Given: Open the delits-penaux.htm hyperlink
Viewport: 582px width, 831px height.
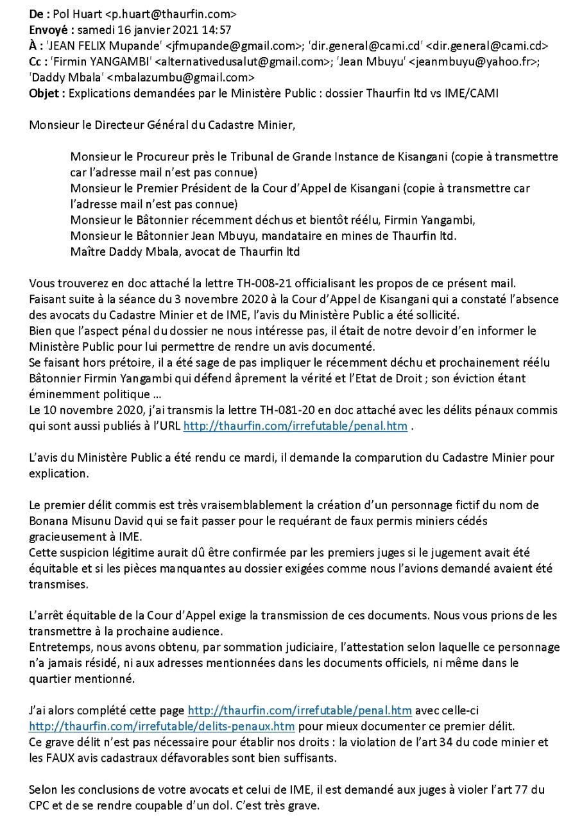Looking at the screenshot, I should click(162, 727).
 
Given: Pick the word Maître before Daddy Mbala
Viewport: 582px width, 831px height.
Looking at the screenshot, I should click(88, 252).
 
